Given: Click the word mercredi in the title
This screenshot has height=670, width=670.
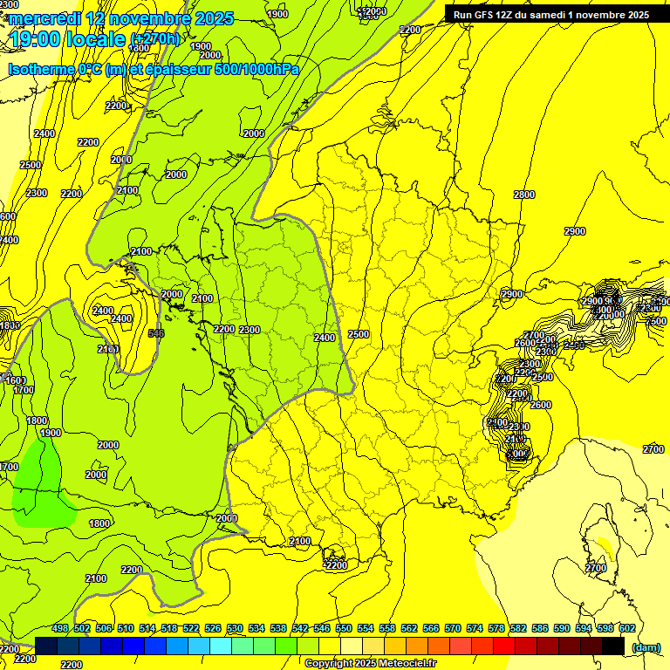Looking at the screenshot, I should coord(44,18).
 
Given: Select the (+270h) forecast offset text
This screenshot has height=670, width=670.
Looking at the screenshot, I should coord(154,39).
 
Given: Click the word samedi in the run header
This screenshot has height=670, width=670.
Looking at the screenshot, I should coord(546,15).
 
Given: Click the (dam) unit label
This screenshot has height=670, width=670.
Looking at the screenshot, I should coord(646,647).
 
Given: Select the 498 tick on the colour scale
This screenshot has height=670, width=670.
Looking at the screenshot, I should coord(60,629).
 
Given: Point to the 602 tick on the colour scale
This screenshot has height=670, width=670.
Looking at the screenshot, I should coord(626,629).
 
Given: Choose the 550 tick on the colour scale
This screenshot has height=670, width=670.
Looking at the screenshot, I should coord(344,629).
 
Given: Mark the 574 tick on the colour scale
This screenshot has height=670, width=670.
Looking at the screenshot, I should coord(475,629).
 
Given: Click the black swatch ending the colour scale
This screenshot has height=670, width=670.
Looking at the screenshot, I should coord(613,646).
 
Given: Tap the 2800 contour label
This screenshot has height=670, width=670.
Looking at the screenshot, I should coord(524,195).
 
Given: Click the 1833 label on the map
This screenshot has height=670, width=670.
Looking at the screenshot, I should coord(10,325).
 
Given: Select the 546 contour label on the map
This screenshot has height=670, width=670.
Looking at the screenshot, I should coord(157,333).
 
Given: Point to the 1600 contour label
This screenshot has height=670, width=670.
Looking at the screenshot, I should coord(14,380).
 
